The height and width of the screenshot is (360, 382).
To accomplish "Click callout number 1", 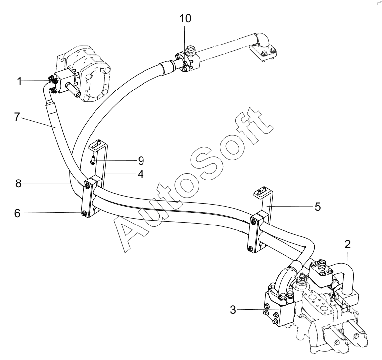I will coord(20,81).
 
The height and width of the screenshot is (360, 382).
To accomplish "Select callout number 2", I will coord(348,243).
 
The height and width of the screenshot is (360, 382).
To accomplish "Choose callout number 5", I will coord(317,206).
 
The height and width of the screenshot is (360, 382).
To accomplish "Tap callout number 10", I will coord(185,19).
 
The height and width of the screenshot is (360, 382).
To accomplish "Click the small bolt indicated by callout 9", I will coord(93,160).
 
